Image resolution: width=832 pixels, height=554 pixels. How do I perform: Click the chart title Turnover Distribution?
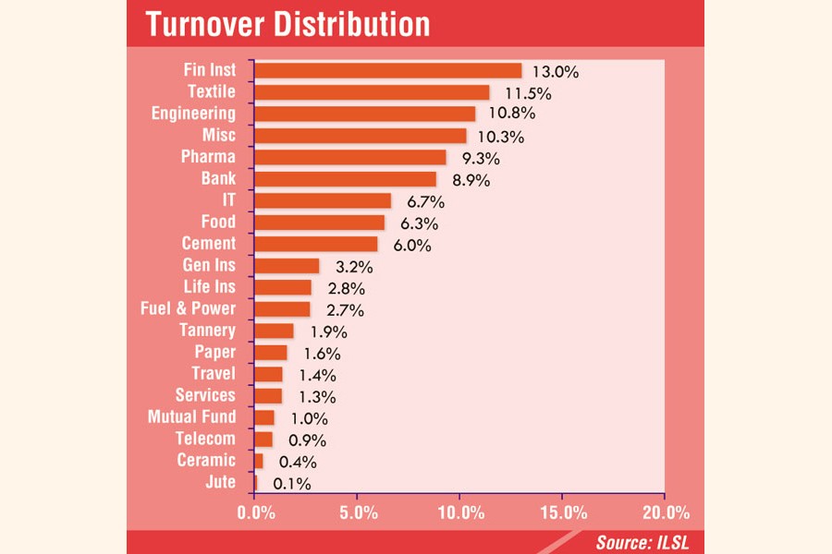[x=287, y=24]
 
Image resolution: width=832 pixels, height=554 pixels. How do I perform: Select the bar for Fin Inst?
[x=387, y=70]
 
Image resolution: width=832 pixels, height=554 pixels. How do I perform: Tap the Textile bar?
[x=372, y=92]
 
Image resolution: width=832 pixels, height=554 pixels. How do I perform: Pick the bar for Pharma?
[x=349, y=157]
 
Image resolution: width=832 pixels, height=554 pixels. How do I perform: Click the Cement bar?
[x=315, y=244]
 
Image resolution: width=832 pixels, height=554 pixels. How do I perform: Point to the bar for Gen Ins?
[x=287, y=266]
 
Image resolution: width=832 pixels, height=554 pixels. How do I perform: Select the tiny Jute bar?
[x=255, y=482]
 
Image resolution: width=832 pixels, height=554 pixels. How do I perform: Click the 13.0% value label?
[x=555, y=71]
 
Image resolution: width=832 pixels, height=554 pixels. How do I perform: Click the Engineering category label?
[x=193, y=114]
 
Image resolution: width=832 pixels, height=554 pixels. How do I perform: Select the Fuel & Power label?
[x=188, y=308]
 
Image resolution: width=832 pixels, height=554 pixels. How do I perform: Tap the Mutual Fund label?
[x=191, y=416]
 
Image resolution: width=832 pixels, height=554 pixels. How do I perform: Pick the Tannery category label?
[x=207, y=330]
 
